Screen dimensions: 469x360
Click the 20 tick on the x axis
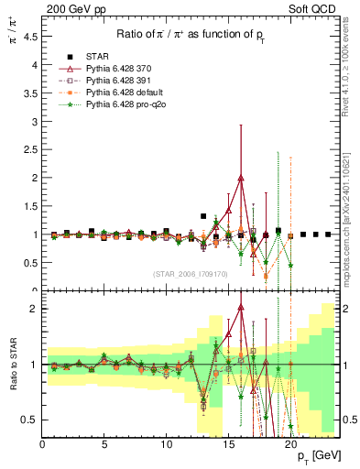tap(290, 445)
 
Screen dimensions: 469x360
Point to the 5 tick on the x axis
tap(104, 445)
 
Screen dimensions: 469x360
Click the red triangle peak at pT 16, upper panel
tap(241, 178)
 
